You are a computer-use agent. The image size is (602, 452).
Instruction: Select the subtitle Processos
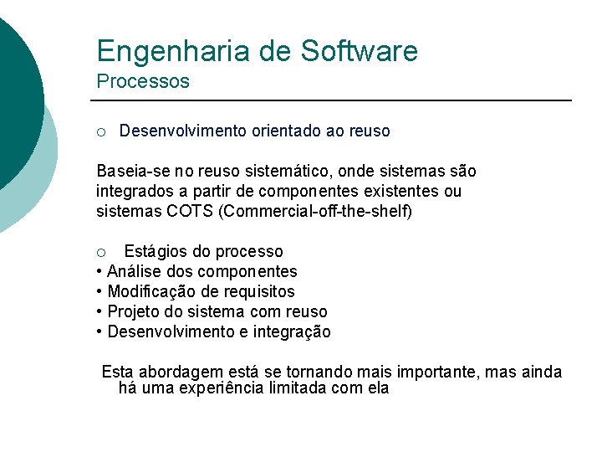pyautogui.click(x=143, y=82)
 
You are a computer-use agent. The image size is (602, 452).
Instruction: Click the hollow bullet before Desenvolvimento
pyautogui.click(x=100, y=131)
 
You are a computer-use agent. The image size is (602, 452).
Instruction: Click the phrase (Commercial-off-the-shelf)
pyautogui.click(x=315, y=212)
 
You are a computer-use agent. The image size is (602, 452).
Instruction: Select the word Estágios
pyautogui.click(x=156, y=252)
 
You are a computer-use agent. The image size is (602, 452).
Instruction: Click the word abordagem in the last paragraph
pyautogui.click(x=177, y=372)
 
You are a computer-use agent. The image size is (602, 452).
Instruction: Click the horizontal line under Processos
pyautogui.click(x=334, y=100)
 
